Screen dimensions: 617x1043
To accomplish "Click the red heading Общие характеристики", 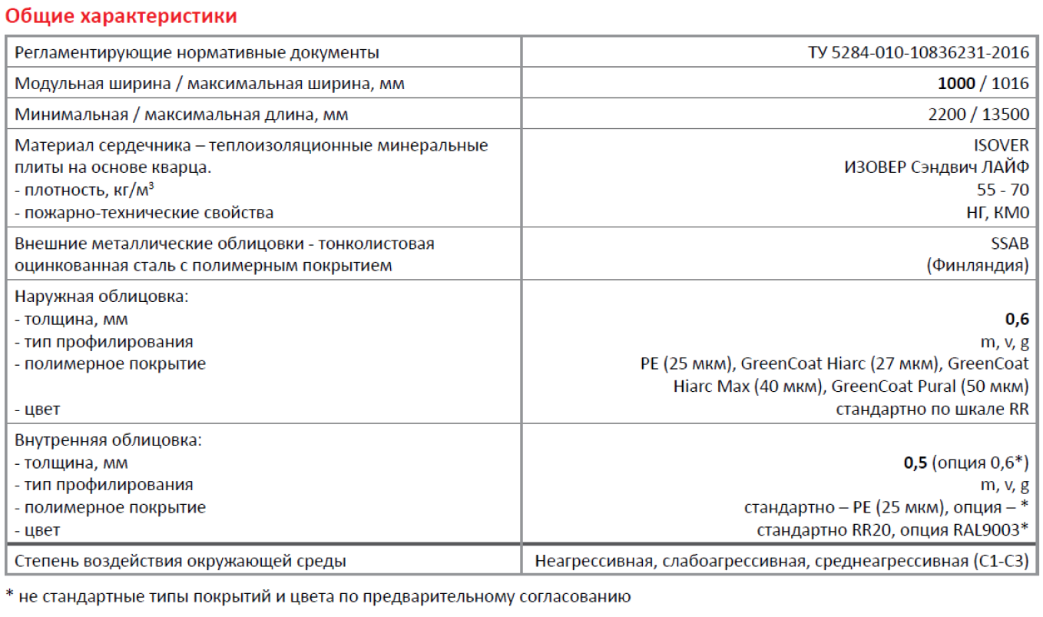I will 121,16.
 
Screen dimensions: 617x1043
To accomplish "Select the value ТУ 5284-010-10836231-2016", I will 919,53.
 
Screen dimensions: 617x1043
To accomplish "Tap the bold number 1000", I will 956,84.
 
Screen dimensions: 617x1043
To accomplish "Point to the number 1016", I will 1010,84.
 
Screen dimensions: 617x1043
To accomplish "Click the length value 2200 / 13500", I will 978,115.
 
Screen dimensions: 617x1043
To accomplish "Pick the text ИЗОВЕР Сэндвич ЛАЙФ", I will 936,168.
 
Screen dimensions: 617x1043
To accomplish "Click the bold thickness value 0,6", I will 1017,319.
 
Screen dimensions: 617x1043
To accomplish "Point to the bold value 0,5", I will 915,463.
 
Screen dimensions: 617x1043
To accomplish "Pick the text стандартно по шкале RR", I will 932,410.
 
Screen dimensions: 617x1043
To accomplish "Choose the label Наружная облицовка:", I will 101,297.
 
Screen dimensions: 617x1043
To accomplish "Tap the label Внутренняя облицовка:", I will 108,441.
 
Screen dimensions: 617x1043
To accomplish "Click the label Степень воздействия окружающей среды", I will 180,562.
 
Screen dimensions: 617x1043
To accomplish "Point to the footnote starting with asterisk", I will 318,596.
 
